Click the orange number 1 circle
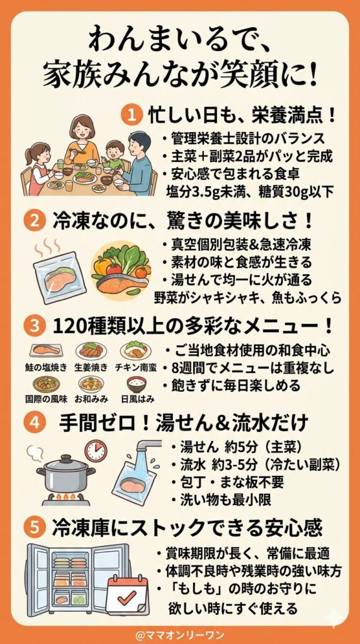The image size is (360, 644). pyautogui.click(x=132, y=115)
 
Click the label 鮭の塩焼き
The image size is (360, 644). pyautogui.click(x=45, y=367)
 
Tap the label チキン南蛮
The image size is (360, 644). pyautogui.click(x=135, y=367)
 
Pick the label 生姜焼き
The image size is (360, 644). pyautogui.click(x=91, y=367)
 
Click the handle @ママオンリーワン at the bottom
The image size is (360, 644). pyautogui.click(x=180, y=628)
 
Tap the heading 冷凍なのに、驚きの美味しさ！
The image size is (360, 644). pyautogui.click(x=189, y=221)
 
